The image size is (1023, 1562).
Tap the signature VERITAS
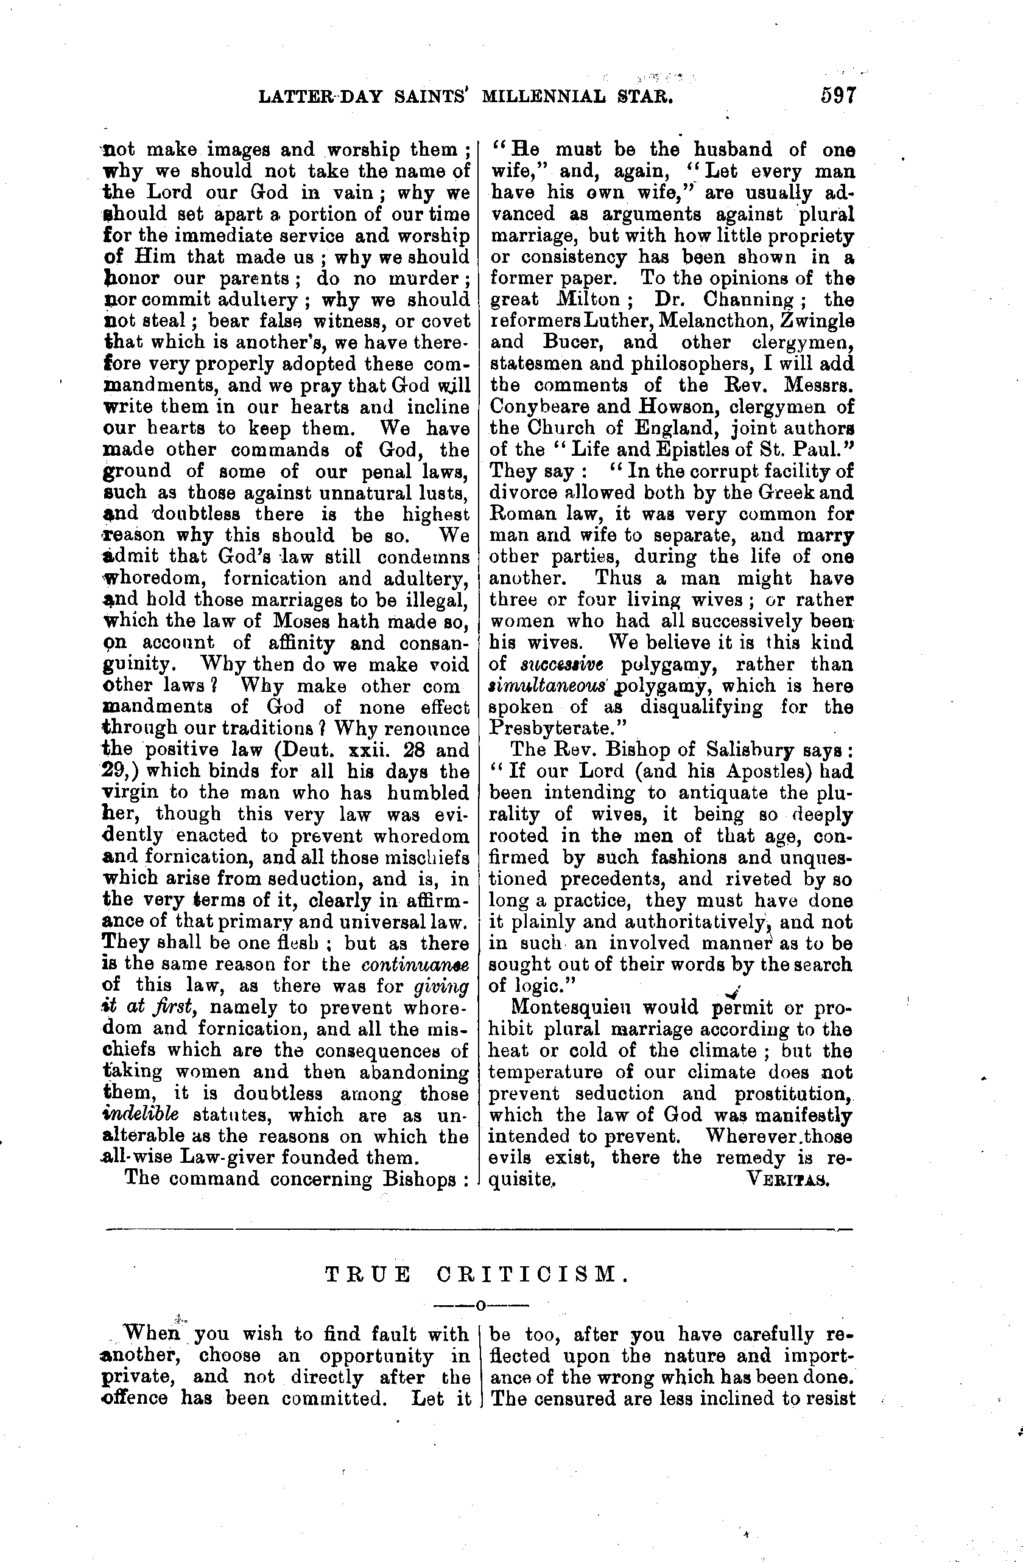pos(789,1178)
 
